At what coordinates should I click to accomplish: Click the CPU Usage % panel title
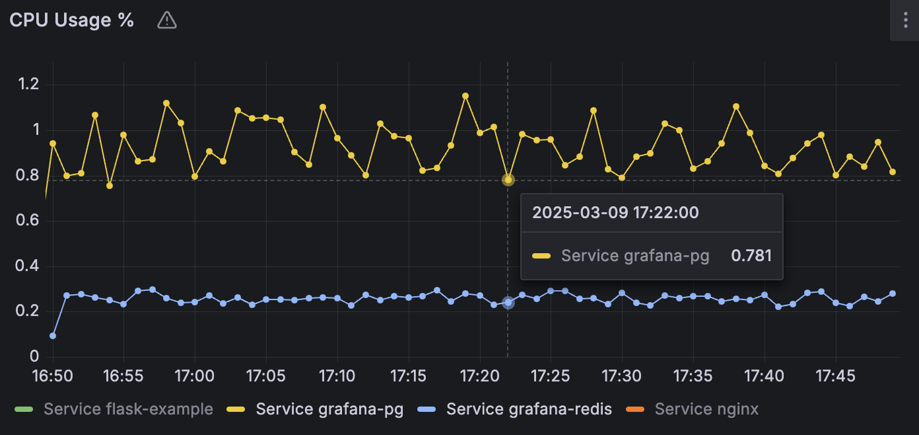[x=71, y=20]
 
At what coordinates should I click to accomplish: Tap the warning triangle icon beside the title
[x=167, y=21]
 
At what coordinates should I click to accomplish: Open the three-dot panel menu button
[x=904, y=20]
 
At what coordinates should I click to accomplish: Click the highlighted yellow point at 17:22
[x=508, y=180]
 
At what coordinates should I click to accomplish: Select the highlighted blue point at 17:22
[x=508, y=303]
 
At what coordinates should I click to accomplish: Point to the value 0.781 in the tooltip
[x=751, y=256]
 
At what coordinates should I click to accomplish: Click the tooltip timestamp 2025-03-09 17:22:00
[x=615, y=213]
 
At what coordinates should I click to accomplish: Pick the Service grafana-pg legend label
[x=329, y=409]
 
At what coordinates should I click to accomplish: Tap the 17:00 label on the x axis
[x=195, y=376]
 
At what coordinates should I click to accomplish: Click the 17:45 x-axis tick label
[x=836, y=376]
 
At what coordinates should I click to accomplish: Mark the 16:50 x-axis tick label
[x=52, y=376]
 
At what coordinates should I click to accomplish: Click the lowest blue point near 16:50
[x=53, y=336]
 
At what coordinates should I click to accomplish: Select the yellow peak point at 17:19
[x=465, y=96]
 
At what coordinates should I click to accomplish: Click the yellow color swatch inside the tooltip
[x=541, y=256]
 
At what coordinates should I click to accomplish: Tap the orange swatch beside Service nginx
[x=635, y=410]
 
